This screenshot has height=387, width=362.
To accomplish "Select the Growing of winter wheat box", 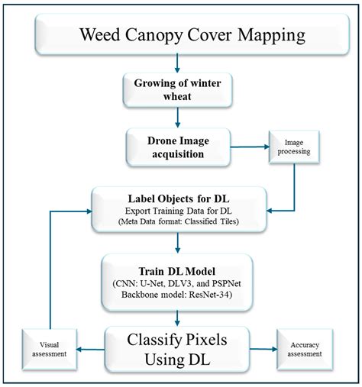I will coord(177,89).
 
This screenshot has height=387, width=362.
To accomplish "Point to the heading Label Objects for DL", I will coord(179,195).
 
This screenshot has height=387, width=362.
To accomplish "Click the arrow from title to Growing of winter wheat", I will coord(177,63).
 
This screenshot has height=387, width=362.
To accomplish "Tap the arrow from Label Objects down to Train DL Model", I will coord(177,243).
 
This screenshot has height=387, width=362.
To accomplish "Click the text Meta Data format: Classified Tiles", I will coord(178,222).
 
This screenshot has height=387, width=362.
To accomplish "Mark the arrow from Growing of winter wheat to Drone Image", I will coord(177,117).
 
